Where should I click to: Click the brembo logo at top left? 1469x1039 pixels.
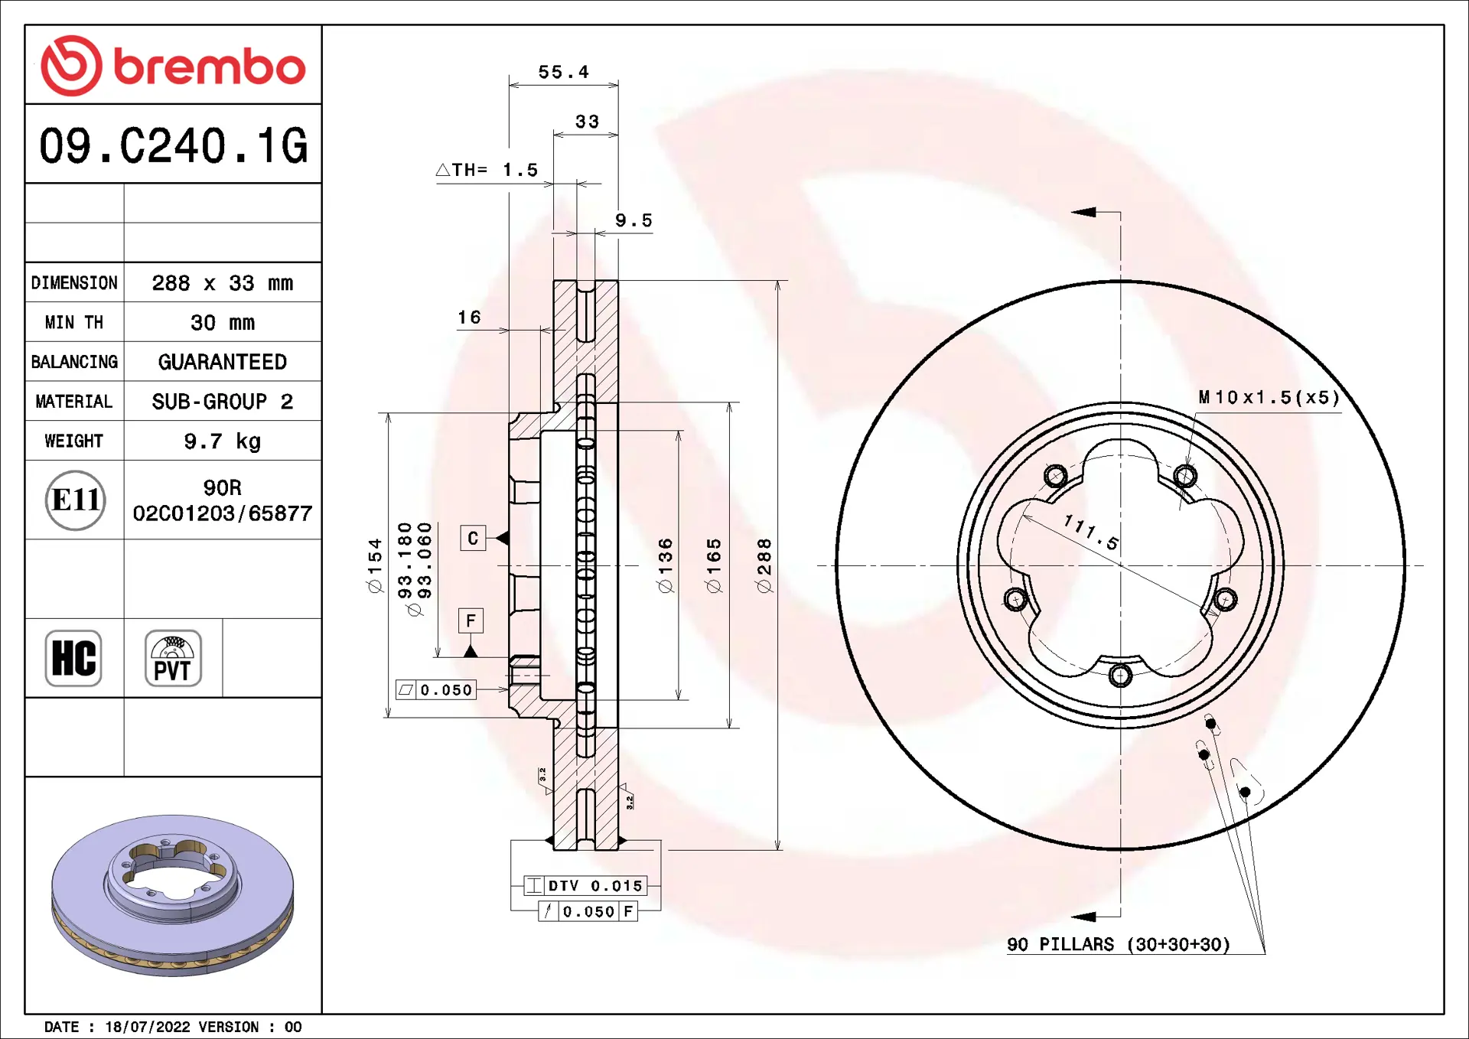(x=173, y=66)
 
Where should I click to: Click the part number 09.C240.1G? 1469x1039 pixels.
(x=174, y=145)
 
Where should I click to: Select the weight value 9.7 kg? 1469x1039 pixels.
(x=222, y=441)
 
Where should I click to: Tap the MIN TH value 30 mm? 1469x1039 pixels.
(x=222, y=323)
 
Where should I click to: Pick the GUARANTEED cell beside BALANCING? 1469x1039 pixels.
(x=222, y=362)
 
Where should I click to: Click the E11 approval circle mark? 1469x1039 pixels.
(x=75, y=500)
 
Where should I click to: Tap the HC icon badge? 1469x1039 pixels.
(x=73, y=658)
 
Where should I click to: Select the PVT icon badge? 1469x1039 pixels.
(x=173, y=658)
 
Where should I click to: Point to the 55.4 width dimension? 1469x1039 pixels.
(x=564, y=72)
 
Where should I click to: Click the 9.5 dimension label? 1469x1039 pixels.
(x=634, y=220)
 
